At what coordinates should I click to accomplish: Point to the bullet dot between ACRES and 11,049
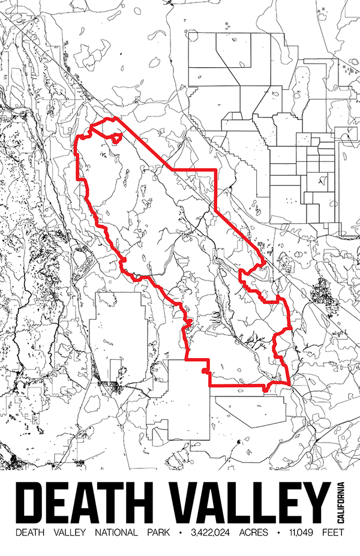tap(278, 532)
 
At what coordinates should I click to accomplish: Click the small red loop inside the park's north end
tap(116, 139)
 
